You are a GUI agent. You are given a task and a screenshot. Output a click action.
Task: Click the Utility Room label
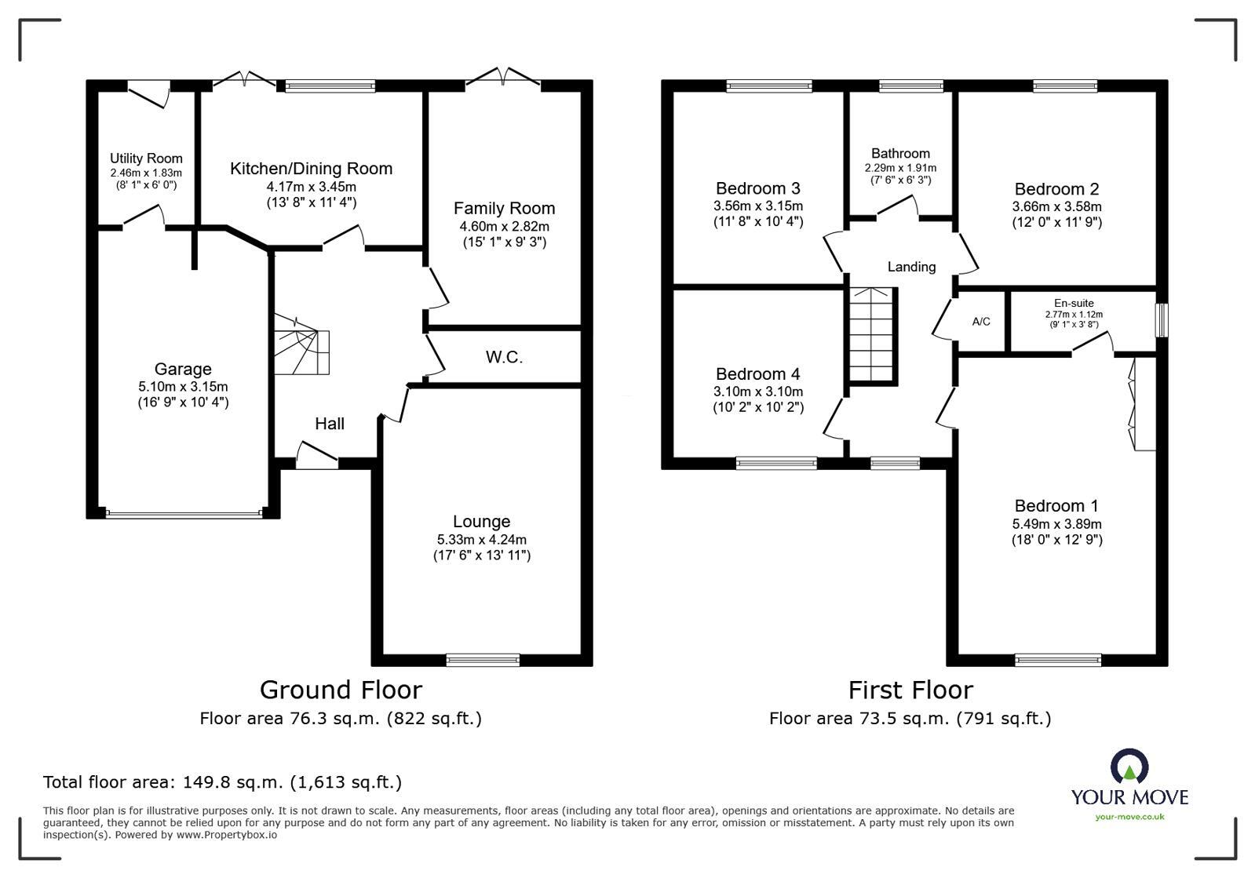[146, 158]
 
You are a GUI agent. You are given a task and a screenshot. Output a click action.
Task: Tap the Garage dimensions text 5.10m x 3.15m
[183, 387]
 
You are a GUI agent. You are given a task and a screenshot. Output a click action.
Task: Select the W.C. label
[504, 358]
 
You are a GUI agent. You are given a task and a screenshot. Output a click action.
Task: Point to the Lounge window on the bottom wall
[483, 660]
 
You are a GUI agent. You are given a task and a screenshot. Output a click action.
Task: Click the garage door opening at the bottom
[184, 514]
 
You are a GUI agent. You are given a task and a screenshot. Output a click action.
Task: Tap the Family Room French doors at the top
[503, 78]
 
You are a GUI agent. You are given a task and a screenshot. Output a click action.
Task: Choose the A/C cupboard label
[981, 322]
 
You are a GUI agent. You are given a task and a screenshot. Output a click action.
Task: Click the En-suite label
[1074, 304]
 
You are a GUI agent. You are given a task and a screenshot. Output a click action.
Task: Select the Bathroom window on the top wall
[910, 86]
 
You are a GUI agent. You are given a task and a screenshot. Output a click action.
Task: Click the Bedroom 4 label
[757, 374]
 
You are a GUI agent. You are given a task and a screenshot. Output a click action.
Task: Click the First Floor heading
[910, 690]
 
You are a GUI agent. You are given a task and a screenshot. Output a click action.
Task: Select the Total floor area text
[222, 782]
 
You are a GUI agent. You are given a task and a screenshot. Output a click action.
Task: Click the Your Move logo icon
[1129, 767]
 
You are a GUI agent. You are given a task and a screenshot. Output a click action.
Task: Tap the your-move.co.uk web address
[1129, 817]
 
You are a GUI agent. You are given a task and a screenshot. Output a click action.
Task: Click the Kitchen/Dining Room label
[311, 169]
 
